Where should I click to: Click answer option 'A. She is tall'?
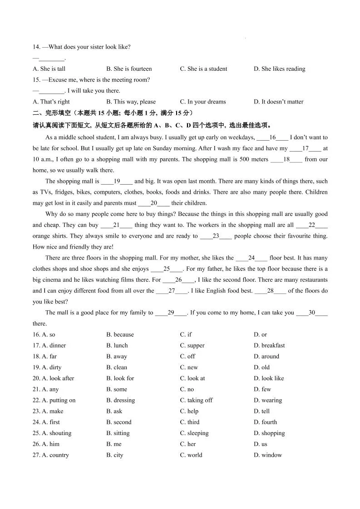tap(49, 69)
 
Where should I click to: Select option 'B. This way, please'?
tap(131, 102)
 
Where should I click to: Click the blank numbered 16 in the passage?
tap(272, 137)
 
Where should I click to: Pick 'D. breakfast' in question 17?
tap(269, 345)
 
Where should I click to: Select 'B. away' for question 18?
tap(117, 356)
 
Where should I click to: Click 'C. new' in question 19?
tap(189, 367)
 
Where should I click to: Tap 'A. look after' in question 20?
tap(53, 378)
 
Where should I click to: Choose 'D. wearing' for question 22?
tap(267, 400)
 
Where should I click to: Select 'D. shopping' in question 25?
tap(269, 433)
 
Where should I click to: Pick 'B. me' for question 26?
tap(114, 444)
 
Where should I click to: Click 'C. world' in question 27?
tap(191, 455)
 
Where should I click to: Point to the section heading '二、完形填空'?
tap(49, 113)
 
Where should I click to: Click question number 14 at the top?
tap(36, 47)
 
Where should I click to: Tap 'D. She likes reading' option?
tap(279, 69)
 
